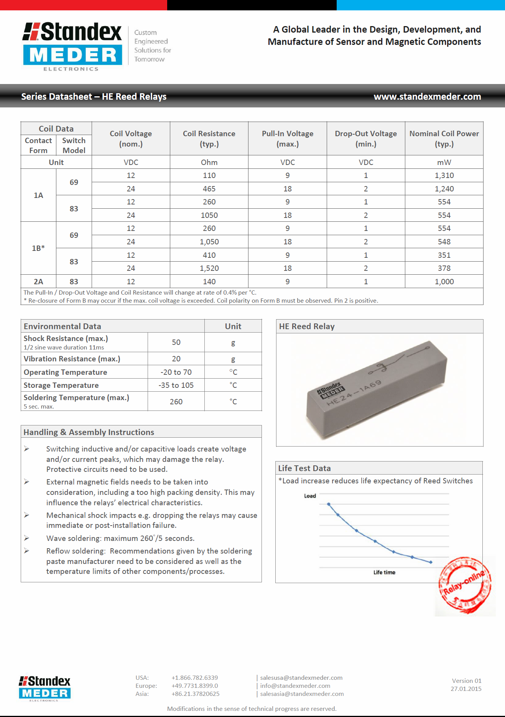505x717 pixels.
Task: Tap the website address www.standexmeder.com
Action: [427, 97]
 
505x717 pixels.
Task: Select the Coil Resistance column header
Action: [209, 138]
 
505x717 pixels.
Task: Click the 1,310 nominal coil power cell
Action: [444, 175]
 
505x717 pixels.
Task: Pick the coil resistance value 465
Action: [209, 189]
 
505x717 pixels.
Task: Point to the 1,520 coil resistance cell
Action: [209, 268]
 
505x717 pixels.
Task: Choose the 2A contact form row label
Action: [38, 282]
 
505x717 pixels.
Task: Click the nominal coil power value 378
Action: [444, 268]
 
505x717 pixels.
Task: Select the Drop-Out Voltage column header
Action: [366, 138]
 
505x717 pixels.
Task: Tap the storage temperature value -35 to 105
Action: [176, 385]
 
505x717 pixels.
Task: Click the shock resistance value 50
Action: [176, 342]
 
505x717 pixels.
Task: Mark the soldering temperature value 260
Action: [176, 402]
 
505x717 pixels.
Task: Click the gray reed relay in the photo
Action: [377, 389]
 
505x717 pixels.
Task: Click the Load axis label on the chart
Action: [310, 496]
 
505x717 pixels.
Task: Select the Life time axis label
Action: [384, 572]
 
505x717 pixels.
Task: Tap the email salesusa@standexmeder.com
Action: [301, 678]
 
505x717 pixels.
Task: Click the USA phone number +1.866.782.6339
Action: [195, 678]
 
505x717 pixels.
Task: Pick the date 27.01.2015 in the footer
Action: [466, 689]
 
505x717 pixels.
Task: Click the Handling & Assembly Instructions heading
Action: [89, 432]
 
